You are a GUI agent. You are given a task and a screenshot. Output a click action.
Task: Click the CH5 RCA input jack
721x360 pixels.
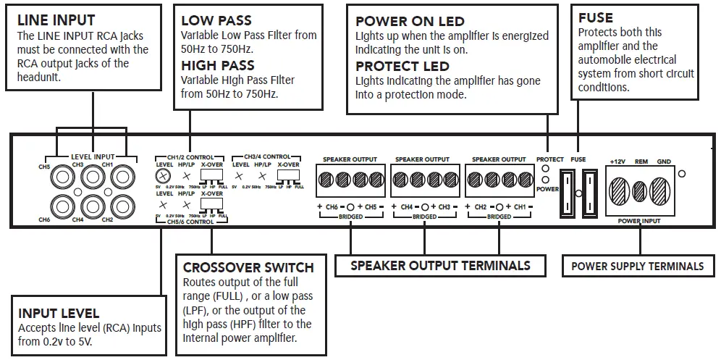[x=61, y=175]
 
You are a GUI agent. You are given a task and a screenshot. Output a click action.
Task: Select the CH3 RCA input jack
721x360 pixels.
[x=91, y=175]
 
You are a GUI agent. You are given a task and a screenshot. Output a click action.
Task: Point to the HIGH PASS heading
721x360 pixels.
[x=218, y=65]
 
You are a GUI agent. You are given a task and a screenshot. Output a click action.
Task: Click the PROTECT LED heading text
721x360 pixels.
[x=402, y=67]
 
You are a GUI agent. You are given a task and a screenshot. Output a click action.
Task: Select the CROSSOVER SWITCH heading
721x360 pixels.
[x=248, y=267]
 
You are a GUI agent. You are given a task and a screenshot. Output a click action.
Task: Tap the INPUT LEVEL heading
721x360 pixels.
[x=59, y=314]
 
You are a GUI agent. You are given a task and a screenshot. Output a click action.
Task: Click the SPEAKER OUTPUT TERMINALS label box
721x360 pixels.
[x=440, y=266]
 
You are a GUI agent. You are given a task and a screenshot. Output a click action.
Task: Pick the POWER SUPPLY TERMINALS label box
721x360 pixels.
[x=637, y=266]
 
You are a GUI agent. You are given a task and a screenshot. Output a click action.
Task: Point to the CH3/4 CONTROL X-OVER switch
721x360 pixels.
[x=288, y=176]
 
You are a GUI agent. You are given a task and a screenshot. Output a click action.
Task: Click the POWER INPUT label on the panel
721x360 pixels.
[x=641, y=220]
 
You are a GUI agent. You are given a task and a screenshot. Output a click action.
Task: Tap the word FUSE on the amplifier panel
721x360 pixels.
[x=578, y=159]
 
